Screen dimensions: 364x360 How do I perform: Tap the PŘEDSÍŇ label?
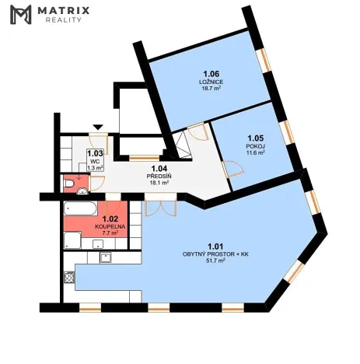[x=159, y=177]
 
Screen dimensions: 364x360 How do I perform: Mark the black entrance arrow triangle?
[x=97, y=126]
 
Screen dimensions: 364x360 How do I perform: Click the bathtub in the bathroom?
[x=80, y=209]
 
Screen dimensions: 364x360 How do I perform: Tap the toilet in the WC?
[x=71, y=183]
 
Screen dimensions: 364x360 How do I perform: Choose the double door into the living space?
[x=159, y=208]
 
